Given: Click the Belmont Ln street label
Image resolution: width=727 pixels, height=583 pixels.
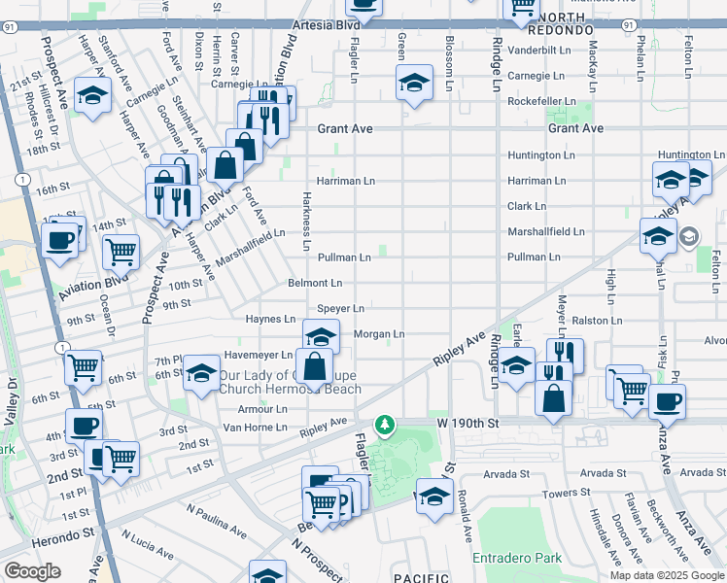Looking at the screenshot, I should click(315, 284).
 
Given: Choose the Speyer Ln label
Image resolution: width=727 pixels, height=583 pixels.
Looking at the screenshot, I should click(341, 309).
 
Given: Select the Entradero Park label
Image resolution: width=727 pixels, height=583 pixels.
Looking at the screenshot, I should click(517, 559).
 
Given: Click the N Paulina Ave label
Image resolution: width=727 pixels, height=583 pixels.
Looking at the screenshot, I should click(218, 521).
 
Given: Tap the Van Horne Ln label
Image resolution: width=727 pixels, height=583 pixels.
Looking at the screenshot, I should click(256, 427).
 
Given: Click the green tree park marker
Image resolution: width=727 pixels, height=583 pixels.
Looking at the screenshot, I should click(386, 425).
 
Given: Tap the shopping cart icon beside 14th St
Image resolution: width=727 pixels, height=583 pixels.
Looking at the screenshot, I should click(121, 253).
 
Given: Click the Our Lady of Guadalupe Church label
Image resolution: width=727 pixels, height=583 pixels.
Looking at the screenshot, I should click(290, 382).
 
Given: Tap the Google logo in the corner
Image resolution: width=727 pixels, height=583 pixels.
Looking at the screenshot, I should click(33, 571).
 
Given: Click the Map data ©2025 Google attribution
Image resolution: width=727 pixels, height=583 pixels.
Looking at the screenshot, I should click(666, 575).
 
